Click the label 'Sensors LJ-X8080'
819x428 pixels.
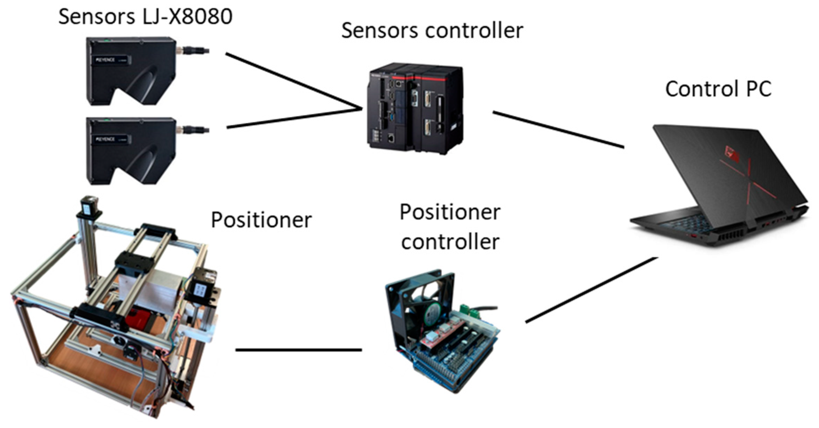click(145, 16)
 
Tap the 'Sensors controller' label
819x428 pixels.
click(432, 31)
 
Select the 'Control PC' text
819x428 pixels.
click(718, 89)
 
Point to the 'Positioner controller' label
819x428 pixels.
click(450, 227)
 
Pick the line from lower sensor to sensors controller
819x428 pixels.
click(293, 119)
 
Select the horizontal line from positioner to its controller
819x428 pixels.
click(299, 350)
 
